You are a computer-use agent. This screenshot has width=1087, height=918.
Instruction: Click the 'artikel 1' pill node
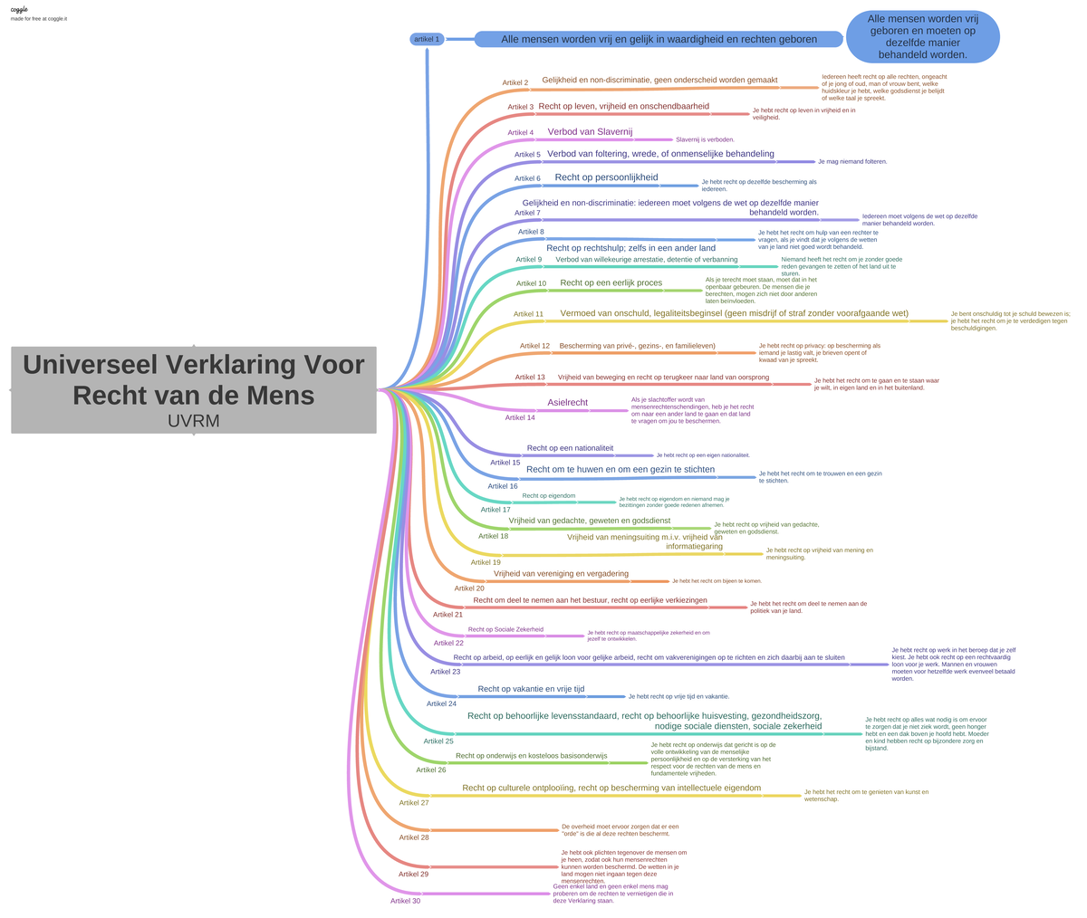(x=426, y=39)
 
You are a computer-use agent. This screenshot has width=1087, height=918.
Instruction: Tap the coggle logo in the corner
(x=19, y=9)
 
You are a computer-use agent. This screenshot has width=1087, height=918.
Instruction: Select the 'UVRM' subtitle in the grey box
(x=194, y=421)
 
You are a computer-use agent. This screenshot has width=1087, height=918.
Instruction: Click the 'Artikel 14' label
(x=520, y=417)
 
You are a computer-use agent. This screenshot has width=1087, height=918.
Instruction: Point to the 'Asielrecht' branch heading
(x=567, y=402)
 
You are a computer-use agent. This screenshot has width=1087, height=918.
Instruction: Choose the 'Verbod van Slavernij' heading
(x=590, y=131)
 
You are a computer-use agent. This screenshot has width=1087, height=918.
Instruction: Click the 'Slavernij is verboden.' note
(x=705, y=139)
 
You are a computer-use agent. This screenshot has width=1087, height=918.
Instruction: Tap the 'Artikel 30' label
(x=405, y=901)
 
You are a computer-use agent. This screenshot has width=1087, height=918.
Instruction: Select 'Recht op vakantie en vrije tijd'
(x=531, y=689)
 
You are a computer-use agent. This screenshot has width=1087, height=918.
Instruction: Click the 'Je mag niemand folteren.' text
(x=852, y=161)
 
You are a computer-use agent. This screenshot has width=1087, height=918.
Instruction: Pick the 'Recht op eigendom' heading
(x=548, y=495)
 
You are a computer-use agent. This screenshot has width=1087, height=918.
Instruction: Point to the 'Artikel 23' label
(x=445, y=672)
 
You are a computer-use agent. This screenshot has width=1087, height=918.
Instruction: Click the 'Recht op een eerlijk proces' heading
(x=611, y=282)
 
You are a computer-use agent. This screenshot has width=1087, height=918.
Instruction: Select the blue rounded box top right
(x=922, y=37)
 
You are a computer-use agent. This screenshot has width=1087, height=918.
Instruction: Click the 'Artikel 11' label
(x=528, y=314)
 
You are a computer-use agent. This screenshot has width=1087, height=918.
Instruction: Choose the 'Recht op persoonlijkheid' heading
(x=606, y=177)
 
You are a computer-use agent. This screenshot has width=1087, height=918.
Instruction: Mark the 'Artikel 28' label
(x=414, y=837)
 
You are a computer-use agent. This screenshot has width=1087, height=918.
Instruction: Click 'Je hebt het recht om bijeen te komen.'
(x=717, y=580)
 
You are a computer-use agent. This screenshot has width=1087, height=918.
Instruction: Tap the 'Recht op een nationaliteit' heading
(x=570, y=448)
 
